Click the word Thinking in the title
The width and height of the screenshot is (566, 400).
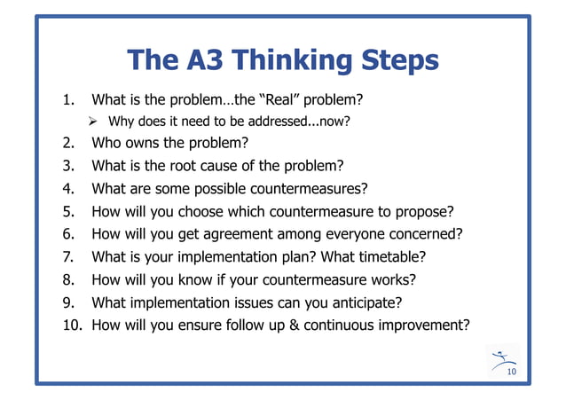coord(283,59)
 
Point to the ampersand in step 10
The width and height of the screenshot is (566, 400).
coord(293,325)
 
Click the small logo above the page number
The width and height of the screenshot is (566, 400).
coord(502,358)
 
